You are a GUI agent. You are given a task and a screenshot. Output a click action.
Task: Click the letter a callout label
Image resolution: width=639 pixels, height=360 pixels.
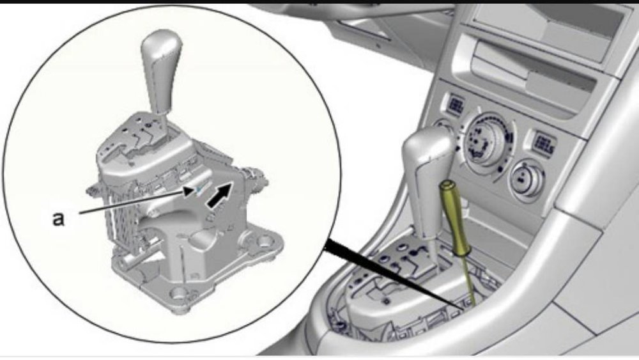[59, 219]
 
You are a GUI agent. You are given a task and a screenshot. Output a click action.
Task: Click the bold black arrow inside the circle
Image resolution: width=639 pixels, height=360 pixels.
[219, 195]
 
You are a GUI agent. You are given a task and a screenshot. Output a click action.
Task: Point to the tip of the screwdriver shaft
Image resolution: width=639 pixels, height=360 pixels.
[473, 304]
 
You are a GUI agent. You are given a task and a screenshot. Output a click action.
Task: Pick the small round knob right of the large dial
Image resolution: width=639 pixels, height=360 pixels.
[527, 178]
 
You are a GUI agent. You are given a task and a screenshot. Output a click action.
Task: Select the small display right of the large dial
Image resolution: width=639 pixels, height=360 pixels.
[544, 145]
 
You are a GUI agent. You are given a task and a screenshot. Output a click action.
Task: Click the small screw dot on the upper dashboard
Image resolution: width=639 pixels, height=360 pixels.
[378, 47]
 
